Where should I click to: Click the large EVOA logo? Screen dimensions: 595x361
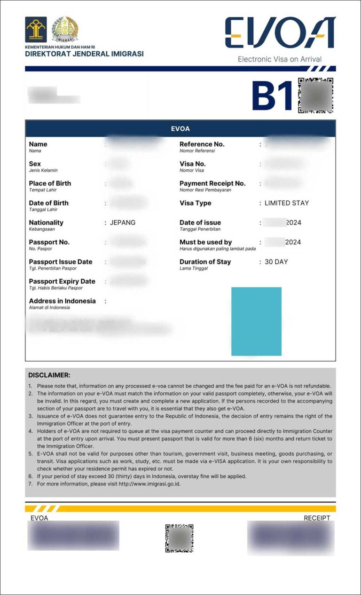click(x=280, y=33)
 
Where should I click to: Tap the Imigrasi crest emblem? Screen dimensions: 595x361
click(x=65, y=29)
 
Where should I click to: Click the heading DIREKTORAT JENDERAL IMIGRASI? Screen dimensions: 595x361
click(x=84, y=54)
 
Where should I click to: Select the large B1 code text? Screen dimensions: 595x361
click(x=272, y=96)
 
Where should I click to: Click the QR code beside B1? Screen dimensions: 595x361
click(x=315, y=95)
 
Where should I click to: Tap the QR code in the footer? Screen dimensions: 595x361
click(x=179, y=538)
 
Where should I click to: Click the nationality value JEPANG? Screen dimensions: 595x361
click(x=123, y=222)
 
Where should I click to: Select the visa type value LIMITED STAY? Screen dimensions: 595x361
click(x=287, y=203)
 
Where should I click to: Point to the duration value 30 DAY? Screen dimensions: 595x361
click(x=276, y=262)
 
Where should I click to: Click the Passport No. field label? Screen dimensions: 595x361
click(x=49, y=242)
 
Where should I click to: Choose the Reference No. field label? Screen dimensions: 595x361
click(x=202, y=144)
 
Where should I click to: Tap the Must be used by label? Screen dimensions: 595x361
click(x=205, y=242)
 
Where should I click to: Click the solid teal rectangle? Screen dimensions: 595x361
click(x=256, y=321)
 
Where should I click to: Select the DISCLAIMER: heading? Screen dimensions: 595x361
click(x=49, y=375)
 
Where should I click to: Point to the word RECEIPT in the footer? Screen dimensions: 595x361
click(x=317, y=518)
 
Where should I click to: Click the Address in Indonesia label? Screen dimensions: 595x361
click(x=62, y=301)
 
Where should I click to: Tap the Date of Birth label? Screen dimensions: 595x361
click(x=48, y=203)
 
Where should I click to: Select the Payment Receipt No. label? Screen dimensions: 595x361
click(x=212, y=183)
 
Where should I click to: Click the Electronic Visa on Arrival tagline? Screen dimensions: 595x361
click(x=280, y=59)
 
